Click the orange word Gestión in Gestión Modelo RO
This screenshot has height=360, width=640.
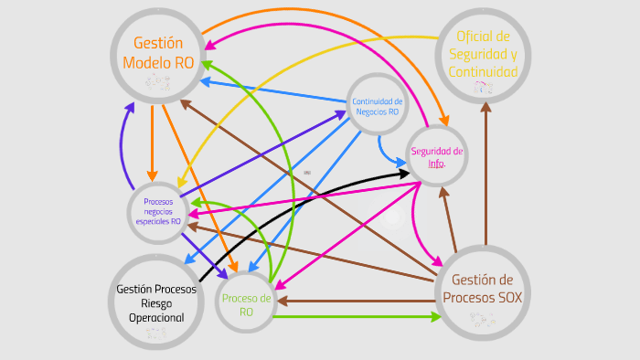[158, 43]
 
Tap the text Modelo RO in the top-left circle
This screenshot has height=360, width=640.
[158, 62]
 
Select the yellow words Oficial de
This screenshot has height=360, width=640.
[483, 37]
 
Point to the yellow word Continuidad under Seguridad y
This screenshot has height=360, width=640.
[483, 71]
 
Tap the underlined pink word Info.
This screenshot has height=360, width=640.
[436, 164]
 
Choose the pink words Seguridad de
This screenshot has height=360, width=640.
[436, 151]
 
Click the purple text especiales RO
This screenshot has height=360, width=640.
[157, 221]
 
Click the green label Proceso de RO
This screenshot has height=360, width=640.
[246, 304]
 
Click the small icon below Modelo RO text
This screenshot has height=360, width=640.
[157, 83]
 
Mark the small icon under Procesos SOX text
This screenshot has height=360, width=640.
[482, 318]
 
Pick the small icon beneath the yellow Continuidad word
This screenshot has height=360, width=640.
[482, 89]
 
